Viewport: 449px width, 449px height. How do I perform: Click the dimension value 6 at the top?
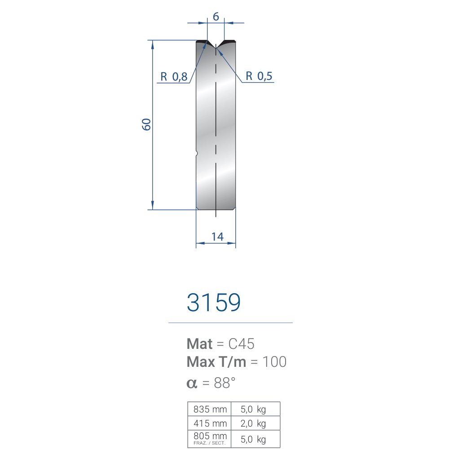tap(216, 17)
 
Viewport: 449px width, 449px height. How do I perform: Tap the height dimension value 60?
tap(146, 124)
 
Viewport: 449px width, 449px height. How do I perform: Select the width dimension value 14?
tap(217, 237)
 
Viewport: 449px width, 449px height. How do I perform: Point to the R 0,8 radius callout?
tap(174, 77)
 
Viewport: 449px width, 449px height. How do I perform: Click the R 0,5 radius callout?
tap(259, 76)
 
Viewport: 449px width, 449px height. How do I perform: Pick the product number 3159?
tap(214, 302)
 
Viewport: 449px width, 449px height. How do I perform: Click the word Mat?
tap(199, 343)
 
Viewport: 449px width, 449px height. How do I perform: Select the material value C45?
tap(241, 343)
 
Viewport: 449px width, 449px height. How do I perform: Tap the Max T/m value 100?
tap(274, 361)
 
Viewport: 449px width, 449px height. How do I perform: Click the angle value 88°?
tap(224, 383)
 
